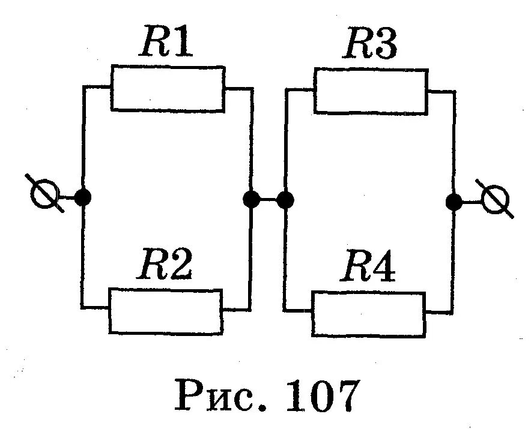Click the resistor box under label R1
point(168,89)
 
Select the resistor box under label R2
point(165,311)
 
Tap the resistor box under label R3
point(371,91)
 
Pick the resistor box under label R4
point(368,314)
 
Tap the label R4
point(368,268)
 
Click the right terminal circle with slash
point(496,200)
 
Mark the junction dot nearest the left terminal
point(83,197)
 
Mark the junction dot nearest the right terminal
point(454,202)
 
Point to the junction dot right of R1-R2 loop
point(250,199)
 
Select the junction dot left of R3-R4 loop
point(285,199)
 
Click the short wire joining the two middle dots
point(268,199)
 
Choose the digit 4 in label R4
point(383,268)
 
